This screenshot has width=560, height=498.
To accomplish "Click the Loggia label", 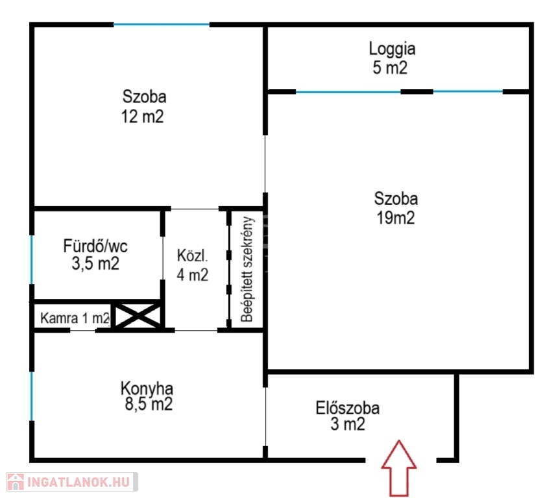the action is pos(392,49).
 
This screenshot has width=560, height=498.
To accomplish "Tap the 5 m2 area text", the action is pos(389,67).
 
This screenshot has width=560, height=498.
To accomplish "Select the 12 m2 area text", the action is pos(142,116).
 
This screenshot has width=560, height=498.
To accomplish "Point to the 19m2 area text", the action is pos(396,217).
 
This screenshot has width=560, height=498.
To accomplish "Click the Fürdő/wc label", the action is pos(95,246).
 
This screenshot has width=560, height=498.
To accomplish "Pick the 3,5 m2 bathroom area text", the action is pos(95,263).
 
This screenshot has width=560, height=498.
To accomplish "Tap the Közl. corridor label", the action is pos(192,255).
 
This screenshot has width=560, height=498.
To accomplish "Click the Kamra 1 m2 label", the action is pos(75,318).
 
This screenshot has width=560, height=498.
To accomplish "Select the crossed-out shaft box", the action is pos(138,315).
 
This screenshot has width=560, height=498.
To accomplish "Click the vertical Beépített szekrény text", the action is pos(247,269).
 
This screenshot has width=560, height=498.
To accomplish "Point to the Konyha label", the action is pos(147,388).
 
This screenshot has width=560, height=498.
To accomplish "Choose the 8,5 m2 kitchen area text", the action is pos(149,404).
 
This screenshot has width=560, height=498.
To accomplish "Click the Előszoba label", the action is pos(347,408).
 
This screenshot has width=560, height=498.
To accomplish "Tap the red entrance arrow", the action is pos(398,468).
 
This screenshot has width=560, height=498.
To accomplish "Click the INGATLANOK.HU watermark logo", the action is pos(72,482).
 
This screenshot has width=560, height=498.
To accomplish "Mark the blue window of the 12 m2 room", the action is pos(162,25).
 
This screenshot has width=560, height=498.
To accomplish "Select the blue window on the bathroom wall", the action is pos(32,259).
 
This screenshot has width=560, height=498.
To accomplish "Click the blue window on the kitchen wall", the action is pos(32,396).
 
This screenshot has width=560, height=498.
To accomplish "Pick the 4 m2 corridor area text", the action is pos(192,274).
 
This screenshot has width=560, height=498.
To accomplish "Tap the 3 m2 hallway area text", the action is pos(348,424).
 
